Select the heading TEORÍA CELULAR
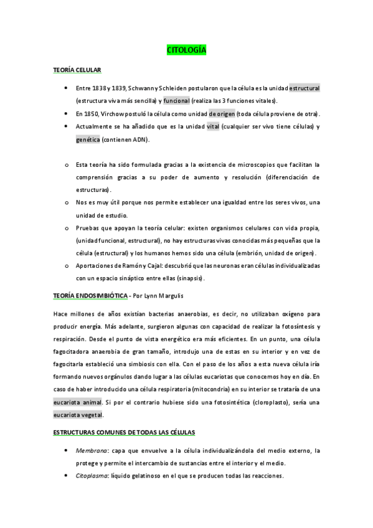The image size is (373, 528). [x=77, y=70]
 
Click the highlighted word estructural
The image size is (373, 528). [x=305, y=88]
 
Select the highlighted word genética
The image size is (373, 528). [x=87, y=139]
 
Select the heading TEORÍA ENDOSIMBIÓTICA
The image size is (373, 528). [x=90, y=295]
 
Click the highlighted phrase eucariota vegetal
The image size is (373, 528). [x=78, y=415]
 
